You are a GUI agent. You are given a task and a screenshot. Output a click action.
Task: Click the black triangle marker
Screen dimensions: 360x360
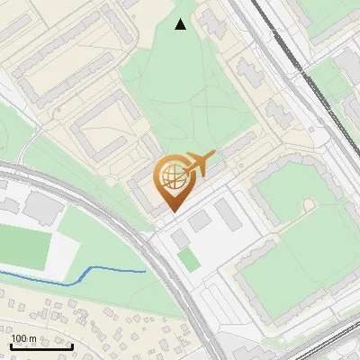(x=181, y=24)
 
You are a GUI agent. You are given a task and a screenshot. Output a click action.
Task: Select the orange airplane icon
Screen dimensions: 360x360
(x=197, y=165)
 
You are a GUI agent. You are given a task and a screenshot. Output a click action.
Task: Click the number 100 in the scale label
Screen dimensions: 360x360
(x=19, y=339)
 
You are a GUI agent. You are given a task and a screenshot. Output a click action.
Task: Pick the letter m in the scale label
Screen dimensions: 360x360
(x=31, y=339)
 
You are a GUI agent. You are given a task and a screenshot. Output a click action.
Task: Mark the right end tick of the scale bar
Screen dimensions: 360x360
(x=48, y=347)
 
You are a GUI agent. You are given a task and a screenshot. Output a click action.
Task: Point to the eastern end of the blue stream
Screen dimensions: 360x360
(x=145, y=270)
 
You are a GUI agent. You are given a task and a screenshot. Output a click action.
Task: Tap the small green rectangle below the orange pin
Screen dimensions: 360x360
(x=188, y=259)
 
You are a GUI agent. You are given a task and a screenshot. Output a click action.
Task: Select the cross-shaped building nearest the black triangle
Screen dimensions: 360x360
(x=213, y=25)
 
